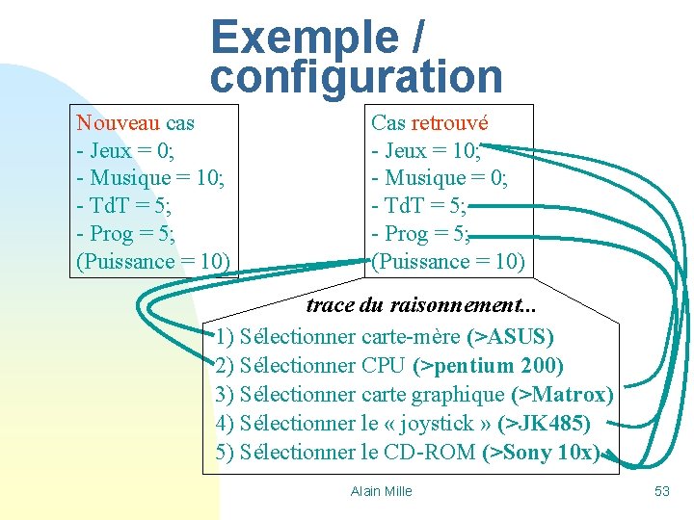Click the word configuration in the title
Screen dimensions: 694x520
[x=356, y=77]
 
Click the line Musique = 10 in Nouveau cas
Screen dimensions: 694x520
[x=149, y=178]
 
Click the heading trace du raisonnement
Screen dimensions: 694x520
[x=421, y=306]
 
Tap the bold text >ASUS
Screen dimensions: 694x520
[x=510, y=337]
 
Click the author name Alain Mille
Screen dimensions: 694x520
[x=381, y=491]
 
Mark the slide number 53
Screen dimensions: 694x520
[x=661, y=491]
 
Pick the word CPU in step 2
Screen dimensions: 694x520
[x=384, y=366]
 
